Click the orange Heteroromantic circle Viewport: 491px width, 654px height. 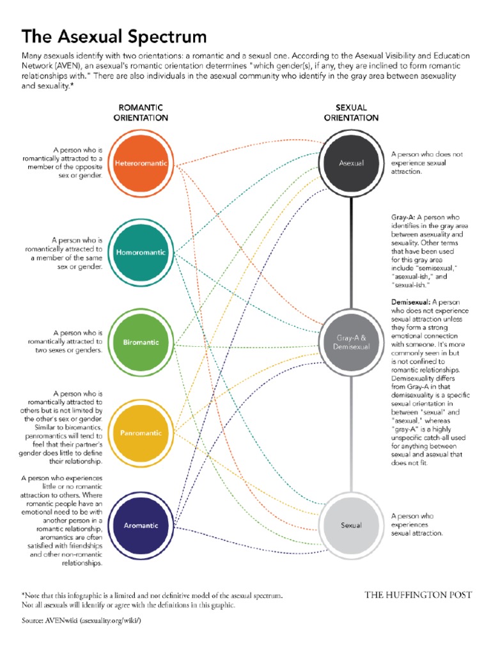coord(141,163)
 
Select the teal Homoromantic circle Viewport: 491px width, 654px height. coord(141,252)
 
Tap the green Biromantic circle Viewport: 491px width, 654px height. coord(141,342)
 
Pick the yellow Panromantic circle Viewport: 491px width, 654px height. coord(141,434)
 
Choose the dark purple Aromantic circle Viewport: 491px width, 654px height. coord(141,525)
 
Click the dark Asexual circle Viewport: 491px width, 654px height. coord(351,163)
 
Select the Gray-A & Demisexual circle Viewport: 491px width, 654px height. coord(351,342)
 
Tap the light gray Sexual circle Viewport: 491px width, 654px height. coord(351,525)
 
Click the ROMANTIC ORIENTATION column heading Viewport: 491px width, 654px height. coord(141,113)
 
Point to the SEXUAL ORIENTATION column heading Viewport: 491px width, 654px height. coord(351,113)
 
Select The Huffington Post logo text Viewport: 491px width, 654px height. coord(418,595)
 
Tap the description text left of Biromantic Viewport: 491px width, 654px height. coord(65,341)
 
